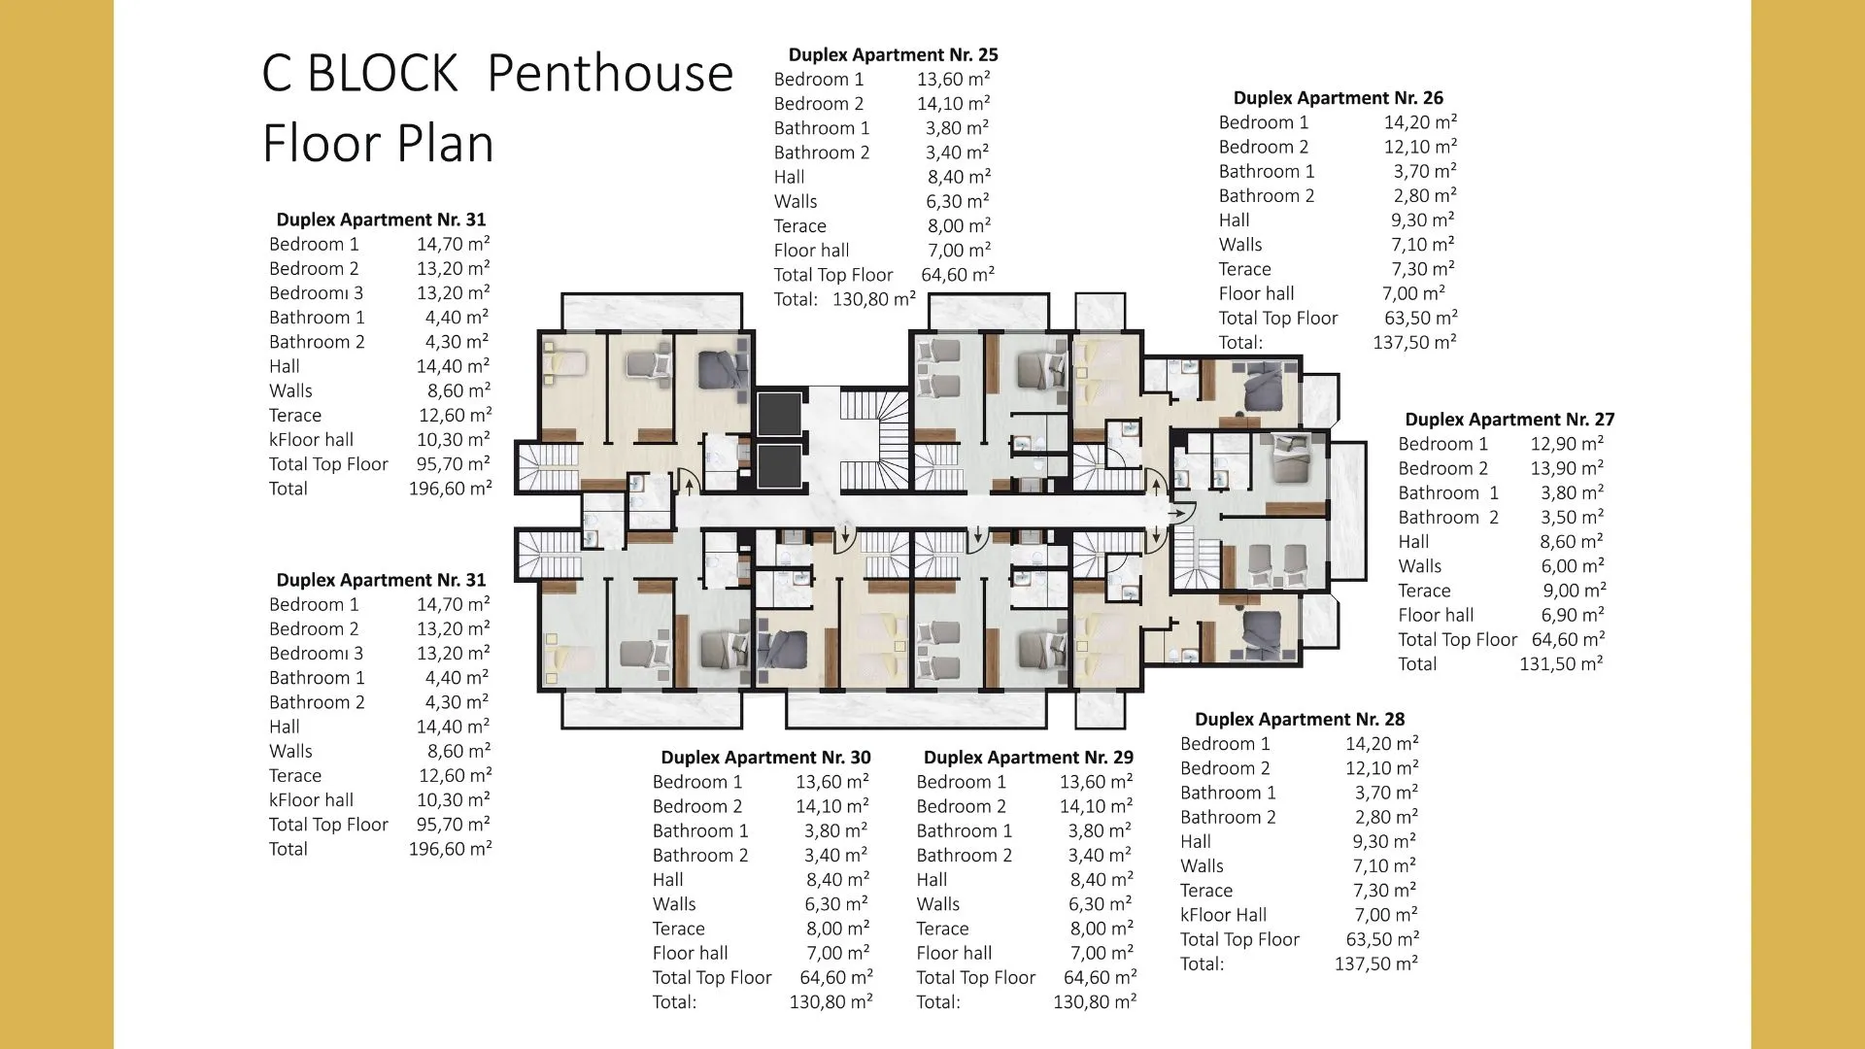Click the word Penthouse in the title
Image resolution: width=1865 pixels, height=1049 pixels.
click(610, 74)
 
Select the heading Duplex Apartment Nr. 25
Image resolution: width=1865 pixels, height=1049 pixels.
click(893, 55)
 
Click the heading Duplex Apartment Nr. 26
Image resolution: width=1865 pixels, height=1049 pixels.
click(1338, 98)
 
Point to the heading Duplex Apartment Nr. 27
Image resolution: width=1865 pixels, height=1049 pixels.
click(1509, 420)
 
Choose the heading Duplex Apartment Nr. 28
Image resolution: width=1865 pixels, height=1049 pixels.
click(1300, 720)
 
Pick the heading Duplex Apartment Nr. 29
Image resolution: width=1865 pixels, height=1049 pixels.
click(1029, 758)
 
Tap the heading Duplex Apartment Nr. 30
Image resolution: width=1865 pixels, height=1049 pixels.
click(765, 758)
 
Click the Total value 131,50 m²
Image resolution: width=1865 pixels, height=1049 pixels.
click(1561, 664)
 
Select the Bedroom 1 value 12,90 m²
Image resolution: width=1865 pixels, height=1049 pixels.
click(1567, 444)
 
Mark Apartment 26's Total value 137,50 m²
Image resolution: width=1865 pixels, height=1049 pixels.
click(1414, 342)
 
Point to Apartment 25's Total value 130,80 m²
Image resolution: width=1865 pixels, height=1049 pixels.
click(874, 299)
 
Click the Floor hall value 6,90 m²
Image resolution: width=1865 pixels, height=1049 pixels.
click(1573, 615)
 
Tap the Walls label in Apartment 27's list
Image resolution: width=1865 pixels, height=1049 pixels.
click(1419, 566)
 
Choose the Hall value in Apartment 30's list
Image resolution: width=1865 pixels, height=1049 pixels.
click(837, 880)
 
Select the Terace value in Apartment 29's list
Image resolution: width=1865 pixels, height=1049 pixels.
click(1102, 929)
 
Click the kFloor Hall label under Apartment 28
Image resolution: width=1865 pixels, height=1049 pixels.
click(1223, 915)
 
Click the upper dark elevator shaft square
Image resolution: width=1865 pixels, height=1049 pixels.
click(779, 415)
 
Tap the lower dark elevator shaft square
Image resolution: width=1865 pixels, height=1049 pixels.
click(779, 467)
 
